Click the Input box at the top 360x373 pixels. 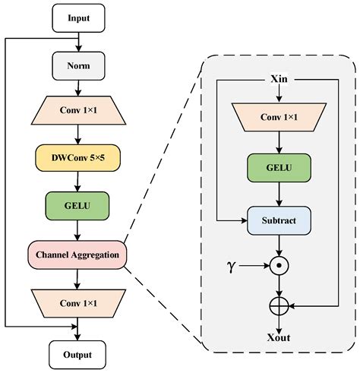click(77, 18)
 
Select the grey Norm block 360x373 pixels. click(77, 65)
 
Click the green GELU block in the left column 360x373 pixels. click(77, 206)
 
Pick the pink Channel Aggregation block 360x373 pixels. click(77, 254)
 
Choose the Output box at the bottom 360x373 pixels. click(77, 354)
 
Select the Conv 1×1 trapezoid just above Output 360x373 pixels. click(77, 302)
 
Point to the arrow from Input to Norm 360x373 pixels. click(77, 41)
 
